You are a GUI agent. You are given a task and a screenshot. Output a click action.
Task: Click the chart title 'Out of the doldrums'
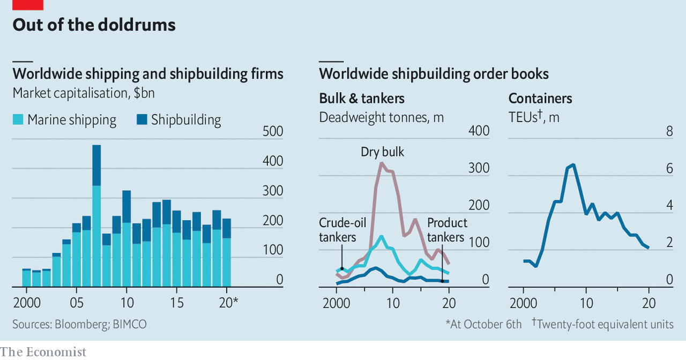94,25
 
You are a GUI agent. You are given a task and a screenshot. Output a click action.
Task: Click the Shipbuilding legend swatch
142,119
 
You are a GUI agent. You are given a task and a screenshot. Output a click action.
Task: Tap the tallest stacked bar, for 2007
96,214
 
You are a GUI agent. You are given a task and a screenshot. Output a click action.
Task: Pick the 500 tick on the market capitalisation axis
273,131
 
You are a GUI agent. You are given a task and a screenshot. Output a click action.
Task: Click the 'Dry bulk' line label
382,152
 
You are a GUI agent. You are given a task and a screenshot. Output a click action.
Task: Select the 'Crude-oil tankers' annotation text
342,229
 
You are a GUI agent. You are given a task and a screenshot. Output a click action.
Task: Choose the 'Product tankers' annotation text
447,229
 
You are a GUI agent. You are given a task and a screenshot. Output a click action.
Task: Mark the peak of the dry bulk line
381,163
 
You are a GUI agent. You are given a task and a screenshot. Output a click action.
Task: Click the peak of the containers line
573,165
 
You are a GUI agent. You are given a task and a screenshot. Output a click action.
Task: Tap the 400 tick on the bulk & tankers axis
479,131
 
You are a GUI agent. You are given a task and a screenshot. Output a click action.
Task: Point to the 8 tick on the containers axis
669,131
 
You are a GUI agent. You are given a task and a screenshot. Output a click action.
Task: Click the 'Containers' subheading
540,99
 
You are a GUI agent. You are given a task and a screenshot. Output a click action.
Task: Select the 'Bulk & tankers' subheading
362,99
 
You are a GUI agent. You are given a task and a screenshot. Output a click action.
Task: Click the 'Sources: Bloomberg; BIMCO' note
79,324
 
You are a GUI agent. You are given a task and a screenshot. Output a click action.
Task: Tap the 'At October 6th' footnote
483,324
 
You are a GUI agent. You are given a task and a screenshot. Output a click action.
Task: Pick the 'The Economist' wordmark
43,352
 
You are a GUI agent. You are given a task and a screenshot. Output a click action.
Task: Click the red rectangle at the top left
27,5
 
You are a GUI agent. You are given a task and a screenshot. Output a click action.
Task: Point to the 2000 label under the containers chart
524,303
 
